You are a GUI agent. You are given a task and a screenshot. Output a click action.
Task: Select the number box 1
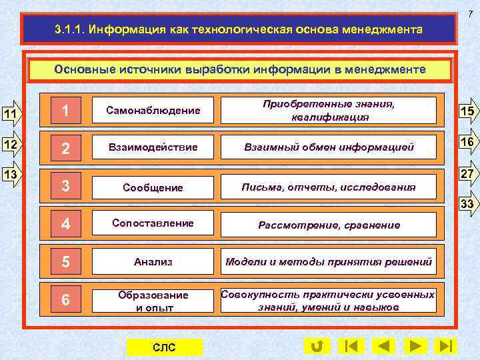pos(65,111)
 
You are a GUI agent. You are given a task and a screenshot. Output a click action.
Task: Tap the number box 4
pos(65,224)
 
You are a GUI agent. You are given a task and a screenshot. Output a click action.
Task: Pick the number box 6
pos(65,300)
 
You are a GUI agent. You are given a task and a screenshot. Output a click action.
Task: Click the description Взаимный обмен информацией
pos(328,147)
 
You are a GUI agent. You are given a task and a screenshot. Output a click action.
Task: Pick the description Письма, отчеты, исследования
pos(328,187)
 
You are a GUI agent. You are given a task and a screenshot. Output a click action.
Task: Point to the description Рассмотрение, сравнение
pos(328,225)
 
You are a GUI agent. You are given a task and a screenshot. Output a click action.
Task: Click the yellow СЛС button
pos(164,347)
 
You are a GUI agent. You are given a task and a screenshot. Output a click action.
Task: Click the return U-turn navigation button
pos(317,346)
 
